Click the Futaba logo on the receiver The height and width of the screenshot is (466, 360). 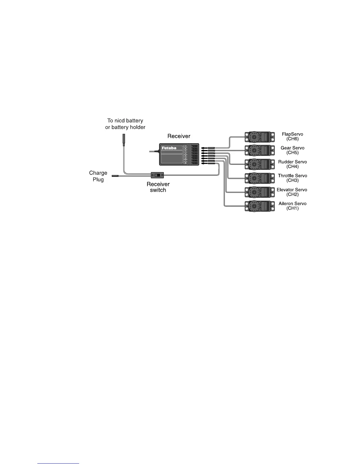pos(169,148)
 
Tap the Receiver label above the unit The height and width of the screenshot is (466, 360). pos(179,136)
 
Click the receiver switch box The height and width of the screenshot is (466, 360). pos(157,175)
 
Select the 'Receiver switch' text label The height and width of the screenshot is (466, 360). pos(158,187)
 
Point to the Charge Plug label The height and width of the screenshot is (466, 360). pos(98,176)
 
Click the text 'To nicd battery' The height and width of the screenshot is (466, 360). pos(125,121)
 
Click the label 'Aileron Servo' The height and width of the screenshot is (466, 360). pos(292,204)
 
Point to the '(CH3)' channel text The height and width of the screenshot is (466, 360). pos(292,181)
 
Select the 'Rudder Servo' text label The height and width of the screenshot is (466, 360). pos(292,162)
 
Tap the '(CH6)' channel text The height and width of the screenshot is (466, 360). pos(292,139)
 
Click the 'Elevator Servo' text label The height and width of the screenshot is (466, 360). pos(292,190)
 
